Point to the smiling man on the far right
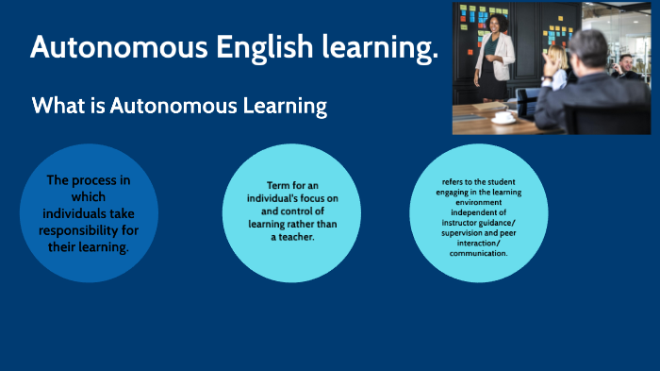626,63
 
